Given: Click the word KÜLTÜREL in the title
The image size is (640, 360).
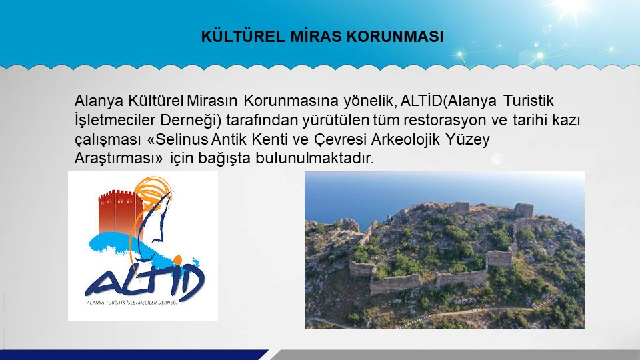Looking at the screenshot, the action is click(243, 36).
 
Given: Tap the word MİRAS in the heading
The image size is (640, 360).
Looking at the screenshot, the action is click(316, 36).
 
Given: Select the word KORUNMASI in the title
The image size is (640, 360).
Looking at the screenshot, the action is click(395, 36).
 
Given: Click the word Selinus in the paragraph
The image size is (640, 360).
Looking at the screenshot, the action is click(182, 139).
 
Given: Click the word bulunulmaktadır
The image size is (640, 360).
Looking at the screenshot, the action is click(315, 158).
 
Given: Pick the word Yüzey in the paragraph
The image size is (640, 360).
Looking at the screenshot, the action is click(468, 140).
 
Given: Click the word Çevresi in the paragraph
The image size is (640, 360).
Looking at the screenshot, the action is click(341, 140).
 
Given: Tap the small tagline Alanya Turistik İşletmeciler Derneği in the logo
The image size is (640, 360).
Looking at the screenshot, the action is click(132, 303).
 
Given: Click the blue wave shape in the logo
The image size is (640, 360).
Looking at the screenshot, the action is click(139, 247).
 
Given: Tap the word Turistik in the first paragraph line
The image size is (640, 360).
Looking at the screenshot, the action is click(529, 101).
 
